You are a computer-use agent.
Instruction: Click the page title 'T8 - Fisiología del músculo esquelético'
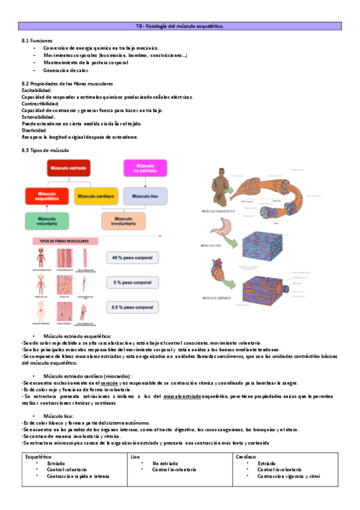[180, 26]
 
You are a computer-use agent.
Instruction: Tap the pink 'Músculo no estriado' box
[145, 168]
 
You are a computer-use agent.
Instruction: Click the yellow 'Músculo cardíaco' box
[96, 196]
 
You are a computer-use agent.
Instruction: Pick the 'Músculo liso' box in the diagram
[145, 196]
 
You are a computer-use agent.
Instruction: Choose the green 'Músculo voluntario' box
[47, 222]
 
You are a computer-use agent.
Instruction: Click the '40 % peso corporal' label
[133, 257]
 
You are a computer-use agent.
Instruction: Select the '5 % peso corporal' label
[133, 283]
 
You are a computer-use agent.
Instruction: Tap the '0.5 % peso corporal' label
[133, 307]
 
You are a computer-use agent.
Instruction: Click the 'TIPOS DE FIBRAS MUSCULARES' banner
[64, 241]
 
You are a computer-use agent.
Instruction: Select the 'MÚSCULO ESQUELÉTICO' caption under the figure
[219, 212]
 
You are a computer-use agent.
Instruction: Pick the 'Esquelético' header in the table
[39, 456]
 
